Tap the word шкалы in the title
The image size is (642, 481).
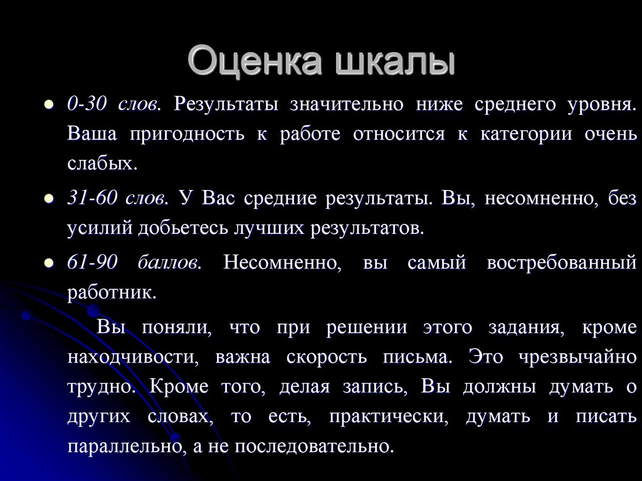396,63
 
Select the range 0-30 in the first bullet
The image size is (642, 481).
85,103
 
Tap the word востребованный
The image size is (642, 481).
561,262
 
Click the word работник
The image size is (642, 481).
111,292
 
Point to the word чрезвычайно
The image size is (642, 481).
577,357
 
